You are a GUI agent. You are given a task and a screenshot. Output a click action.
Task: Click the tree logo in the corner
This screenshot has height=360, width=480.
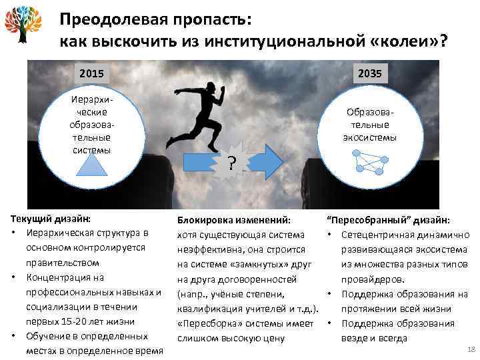click(x=23, y=25)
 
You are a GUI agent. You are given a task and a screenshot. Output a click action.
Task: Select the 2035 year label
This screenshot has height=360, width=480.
click(x=369, y=72)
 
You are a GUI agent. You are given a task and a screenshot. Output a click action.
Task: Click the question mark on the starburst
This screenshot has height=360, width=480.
click(x=230, y=162)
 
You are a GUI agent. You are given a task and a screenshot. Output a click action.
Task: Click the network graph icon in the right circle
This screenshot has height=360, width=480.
click(x=369, y=163)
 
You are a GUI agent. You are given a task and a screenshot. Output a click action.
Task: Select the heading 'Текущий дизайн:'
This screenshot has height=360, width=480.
click(x=52, y=218)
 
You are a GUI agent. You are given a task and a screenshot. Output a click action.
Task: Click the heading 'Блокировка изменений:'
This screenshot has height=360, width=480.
click(x=233, y=219)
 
